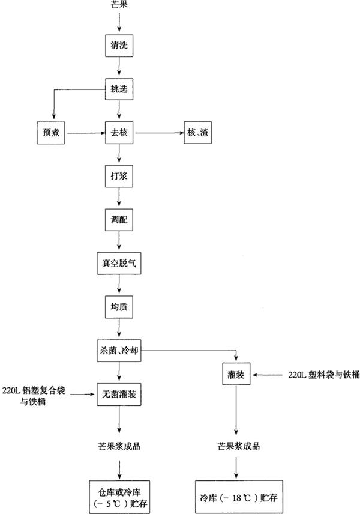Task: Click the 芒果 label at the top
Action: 120,5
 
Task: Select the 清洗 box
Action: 119,45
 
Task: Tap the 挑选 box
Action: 119,89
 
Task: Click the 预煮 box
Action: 50,133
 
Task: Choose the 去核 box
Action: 119,133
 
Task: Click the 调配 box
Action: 119,220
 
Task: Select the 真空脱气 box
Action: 119,263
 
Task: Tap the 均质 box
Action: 119,307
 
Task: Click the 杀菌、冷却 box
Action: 119,351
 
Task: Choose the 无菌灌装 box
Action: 119,394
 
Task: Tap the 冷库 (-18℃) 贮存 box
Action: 238,498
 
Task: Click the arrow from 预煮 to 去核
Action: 84,133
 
